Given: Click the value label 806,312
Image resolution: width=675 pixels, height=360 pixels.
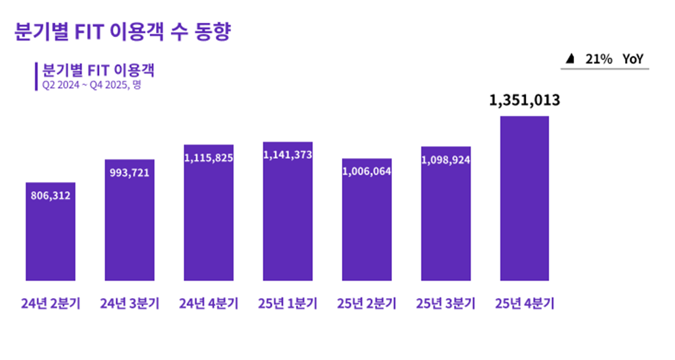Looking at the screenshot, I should point(50,195).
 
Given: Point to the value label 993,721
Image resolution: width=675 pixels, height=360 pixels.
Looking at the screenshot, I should point(129,172).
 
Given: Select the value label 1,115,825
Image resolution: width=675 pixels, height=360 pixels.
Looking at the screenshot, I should point(209,158).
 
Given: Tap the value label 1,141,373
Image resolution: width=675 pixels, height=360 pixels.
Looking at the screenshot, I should point(287,155).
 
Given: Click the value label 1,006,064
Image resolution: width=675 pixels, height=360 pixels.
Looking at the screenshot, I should point(367,171).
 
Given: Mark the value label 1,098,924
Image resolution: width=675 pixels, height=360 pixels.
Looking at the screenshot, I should point(446,160).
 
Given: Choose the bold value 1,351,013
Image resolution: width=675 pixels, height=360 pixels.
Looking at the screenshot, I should point(525,101).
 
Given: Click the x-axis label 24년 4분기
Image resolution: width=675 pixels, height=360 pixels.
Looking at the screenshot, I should point(209,304).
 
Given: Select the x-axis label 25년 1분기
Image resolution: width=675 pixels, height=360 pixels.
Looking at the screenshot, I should point(287,304).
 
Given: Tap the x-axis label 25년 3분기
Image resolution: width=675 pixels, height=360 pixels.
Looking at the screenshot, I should point(446,304).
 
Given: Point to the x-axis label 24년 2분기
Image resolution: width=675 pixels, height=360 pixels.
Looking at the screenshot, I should point(50,304).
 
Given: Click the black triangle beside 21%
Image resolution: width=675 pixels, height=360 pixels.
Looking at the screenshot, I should point(570,59).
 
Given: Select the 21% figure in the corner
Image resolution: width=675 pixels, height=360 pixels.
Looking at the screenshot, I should point(599,59).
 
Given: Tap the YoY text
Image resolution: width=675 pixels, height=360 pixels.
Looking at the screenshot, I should point(634,59).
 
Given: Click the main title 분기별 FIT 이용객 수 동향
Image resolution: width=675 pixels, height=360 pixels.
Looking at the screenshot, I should point(121,32).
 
